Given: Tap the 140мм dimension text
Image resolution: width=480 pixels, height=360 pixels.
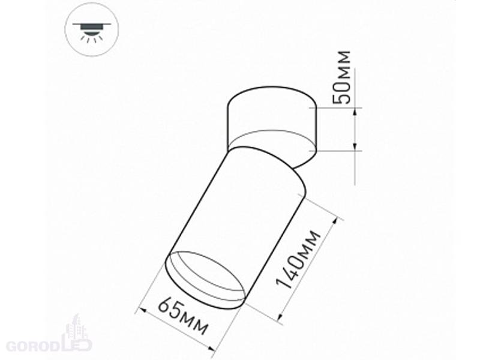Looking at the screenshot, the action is coord(298,260).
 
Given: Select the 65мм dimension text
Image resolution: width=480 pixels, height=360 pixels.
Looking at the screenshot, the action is coord(183,316).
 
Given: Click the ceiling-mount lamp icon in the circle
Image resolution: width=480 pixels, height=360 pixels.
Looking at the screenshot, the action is coord(91,31).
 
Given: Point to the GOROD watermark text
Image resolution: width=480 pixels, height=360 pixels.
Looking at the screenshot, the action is coord(33,346).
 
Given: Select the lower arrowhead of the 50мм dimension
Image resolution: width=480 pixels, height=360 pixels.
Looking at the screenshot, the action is coord(355,146).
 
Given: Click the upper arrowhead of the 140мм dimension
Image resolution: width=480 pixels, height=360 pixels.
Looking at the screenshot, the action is coord(337,221).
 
